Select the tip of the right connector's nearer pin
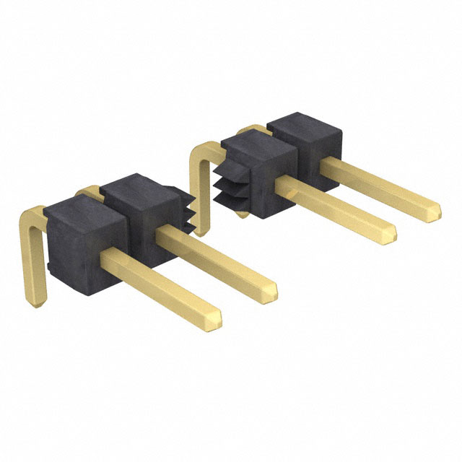click(391, 233)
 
